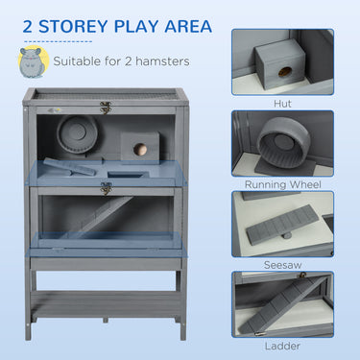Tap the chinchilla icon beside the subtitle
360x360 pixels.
pyautogui.click(x=31, y=62)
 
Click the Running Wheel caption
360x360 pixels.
pyautogui.click(x=282, y=182)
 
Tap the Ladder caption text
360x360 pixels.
pyautogui.click(x=282, y=345)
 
